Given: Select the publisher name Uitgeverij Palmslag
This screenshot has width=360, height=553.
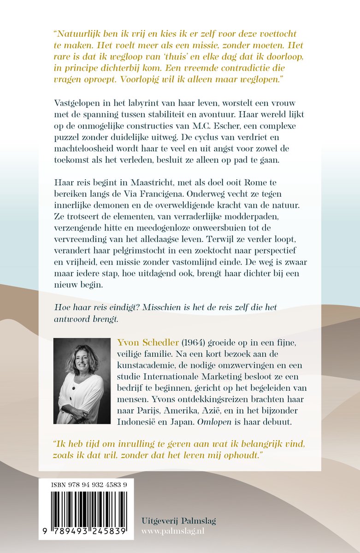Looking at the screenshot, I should pos(179,521).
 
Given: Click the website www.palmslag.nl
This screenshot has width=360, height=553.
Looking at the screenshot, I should pos(179,532).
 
